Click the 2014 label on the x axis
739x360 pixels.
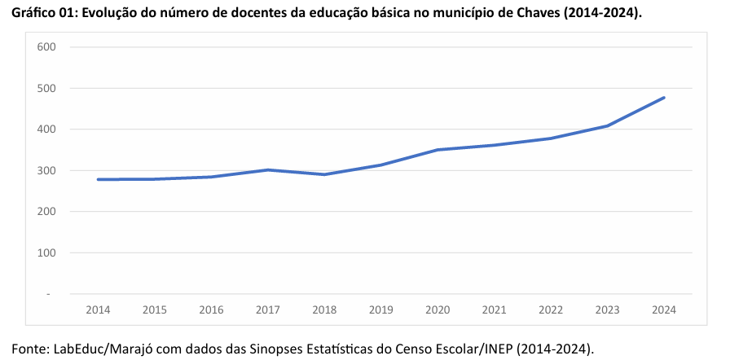pyautogui.click(x=98, y=310)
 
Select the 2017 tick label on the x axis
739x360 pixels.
pyautogui.click(x=268, y=310)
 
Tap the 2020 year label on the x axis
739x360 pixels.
pyautogui.click(x=438, y=310)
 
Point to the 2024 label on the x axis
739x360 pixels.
pyautogui.click(x=664, y=310)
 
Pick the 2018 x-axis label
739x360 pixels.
pyautogui.click(x=324, y=310)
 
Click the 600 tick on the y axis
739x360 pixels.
pyautogui.click(x=46, y=47)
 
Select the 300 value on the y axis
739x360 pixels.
pyautogui.click(x=46, y=170)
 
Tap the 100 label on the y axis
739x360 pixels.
pyautogui.click(x=46, y=252)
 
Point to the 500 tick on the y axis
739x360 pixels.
pyautogui.click(x=46, y=88)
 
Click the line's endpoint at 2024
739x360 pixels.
pyautogui.click(x=664, y=98)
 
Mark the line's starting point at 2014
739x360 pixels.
pyautogui.click(x=98, y=179)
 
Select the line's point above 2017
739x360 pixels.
pyautogui.click(x=268, y=169)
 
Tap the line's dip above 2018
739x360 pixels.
pyautogui.click(x=324, y=174)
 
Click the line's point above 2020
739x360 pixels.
pyautogui.click(x=438, y=150)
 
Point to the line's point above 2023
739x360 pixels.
pyautogui.click(x=608, y=125)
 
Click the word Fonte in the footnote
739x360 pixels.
pyautogui.click(x=29, y=349)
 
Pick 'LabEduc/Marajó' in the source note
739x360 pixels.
pyautogui.click(x=100, y=349)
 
